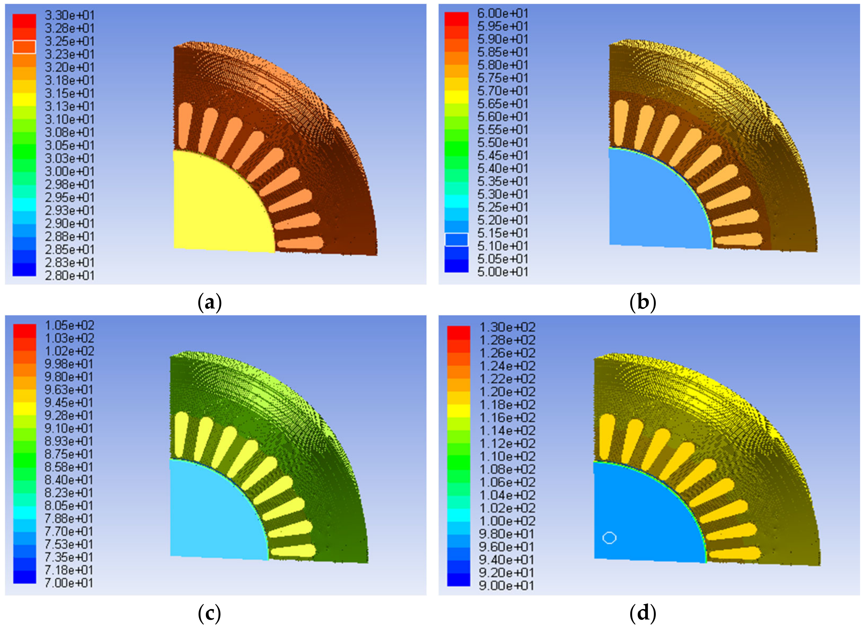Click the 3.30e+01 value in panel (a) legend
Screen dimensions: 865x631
[x=70, y=15]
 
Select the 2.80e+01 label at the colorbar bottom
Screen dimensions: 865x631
[x=70, y=275]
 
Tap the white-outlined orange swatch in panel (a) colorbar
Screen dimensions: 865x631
[x=24, y=47]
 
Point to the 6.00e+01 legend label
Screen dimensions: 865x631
[x=503, y=14]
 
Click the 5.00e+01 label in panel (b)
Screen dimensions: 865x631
[x=503, y=272]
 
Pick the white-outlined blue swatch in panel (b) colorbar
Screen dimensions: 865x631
[x=456, y=240]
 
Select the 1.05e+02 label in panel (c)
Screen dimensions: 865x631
[x=70, y=325]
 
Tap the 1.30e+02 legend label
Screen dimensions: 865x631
[x=507, y=327]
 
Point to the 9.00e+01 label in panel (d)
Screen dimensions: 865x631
[x=507, y=585]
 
